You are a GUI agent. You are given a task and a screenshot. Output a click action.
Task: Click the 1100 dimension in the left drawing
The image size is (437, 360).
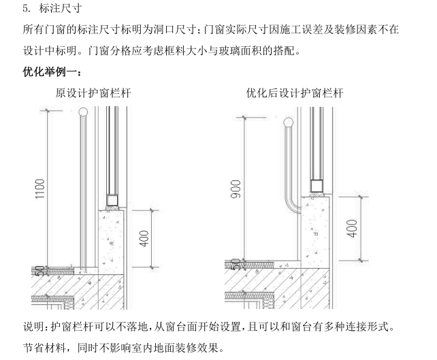(40, 190)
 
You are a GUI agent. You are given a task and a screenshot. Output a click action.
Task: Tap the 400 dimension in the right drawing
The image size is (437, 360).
(352, 228)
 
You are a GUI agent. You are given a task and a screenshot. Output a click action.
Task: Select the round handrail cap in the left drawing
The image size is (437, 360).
(83, 111)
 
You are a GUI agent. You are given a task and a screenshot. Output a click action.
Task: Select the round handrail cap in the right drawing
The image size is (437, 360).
(289, 122)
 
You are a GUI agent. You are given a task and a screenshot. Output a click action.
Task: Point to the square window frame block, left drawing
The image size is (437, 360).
(112, 201)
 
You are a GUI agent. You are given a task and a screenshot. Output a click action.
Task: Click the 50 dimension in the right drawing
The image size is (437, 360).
(236, 262)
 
